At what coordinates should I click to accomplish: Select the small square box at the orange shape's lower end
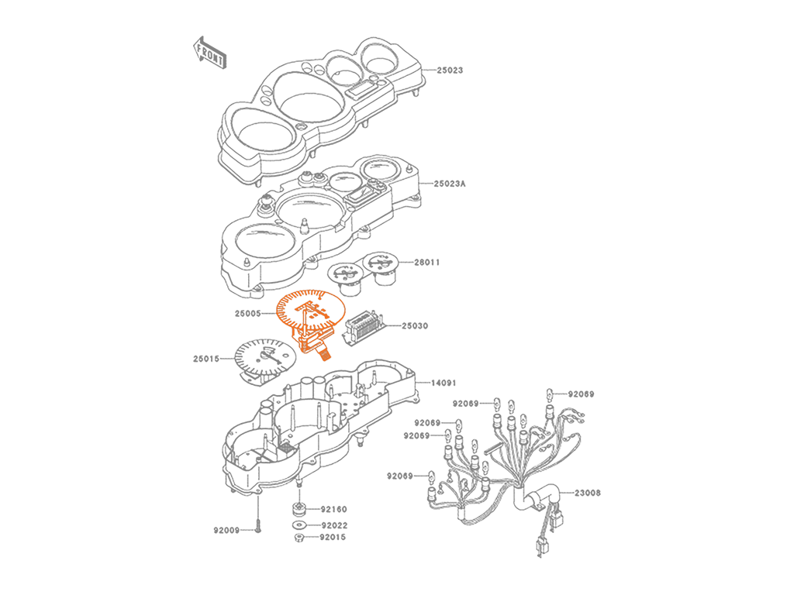[326, 354]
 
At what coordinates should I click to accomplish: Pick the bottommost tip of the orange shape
[323, 368]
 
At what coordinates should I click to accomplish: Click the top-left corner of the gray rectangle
[194, 36]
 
